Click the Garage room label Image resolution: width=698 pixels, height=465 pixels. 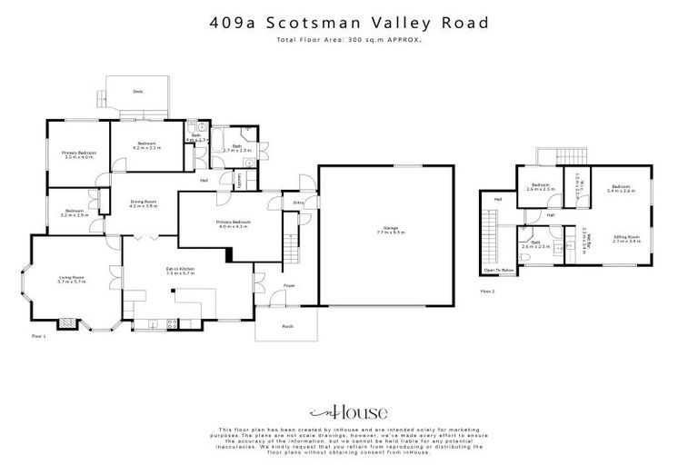pos(386,231)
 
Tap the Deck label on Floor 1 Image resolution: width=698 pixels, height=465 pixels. pos(137,92)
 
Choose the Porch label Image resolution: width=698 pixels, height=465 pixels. pos(287,325)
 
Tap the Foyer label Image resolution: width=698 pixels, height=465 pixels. pos(289,285)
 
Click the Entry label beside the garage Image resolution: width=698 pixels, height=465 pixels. pos(297,203)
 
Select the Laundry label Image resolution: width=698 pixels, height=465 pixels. pos(239,182)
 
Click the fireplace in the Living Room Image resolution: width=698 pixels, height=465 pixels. pos(65,322)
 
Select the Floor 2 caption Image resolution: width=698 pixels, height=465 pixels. pos(487,292)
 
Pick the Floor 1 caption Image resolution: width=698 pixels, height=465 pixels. pos(38,336)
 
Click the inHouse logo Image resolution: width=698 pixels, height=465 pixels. pos(348,410)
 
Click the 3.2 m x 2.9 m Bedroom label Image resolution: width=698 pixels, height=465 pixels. pos(75,213)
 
